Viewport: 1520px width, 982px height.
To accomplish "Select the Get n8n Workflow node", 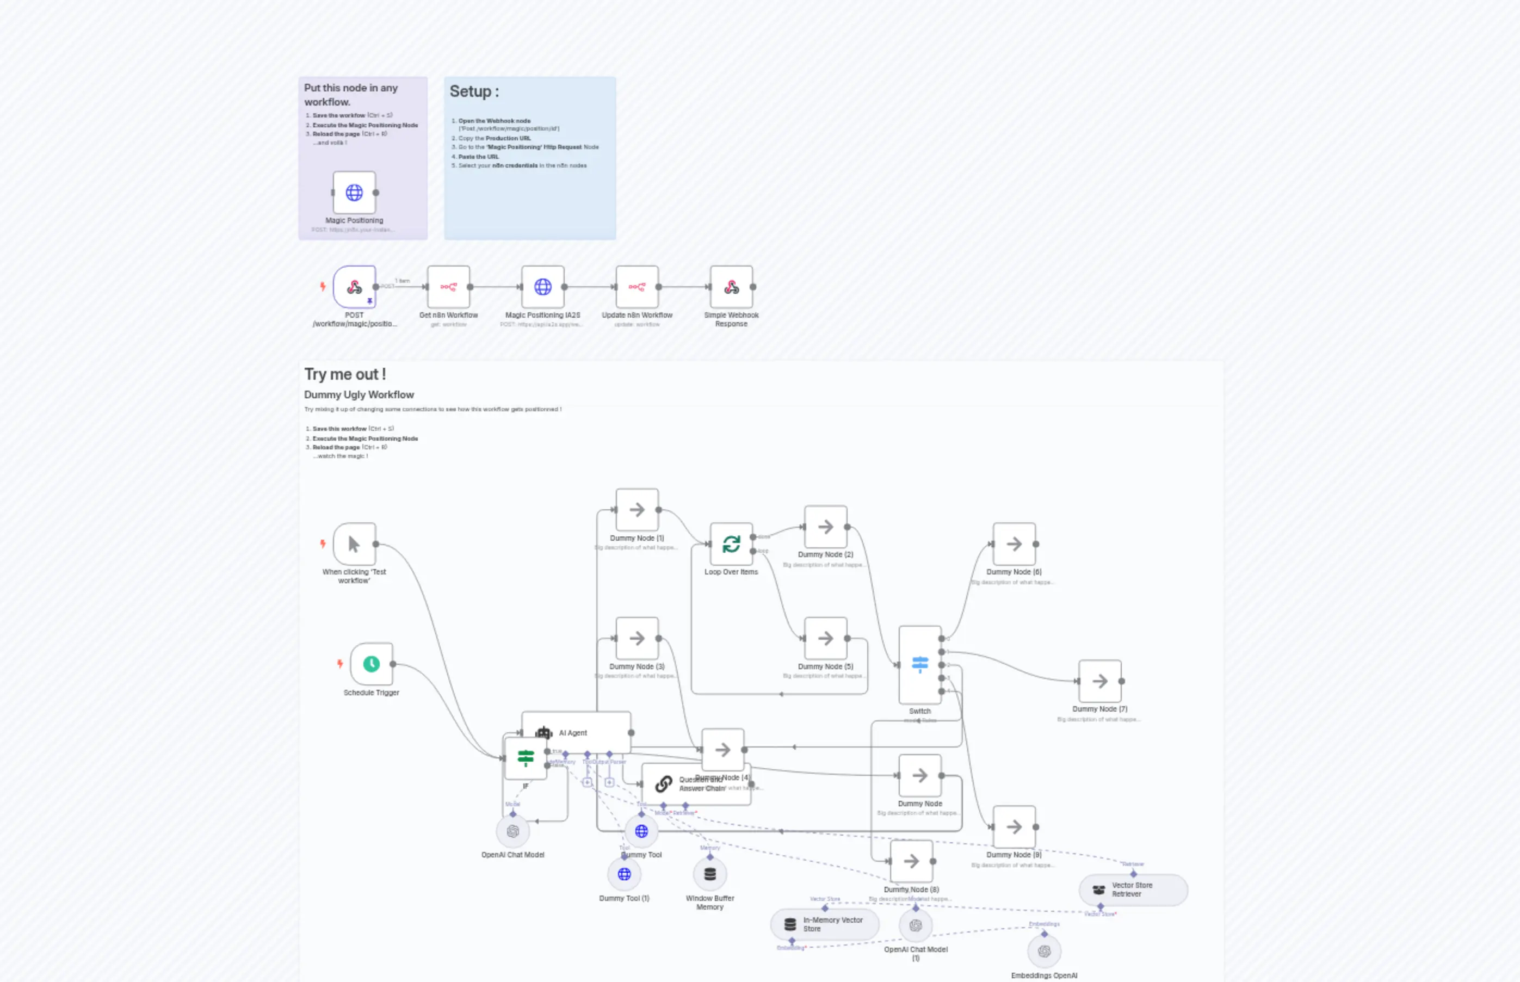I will tap(448, 287).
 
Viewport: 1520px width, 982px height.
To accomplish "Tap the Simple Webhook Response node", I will tap(731, 287).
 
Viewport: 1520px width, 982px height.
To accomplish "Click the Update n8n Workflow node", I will tap(637, 287).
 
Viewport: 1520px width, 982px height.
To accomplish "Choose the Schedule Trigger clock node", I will tap(371, 664).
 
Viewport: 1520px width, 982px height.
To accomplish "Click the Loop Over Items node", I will tap(731, 544).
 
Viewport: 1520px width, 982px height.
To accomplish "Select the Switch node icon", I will tap(919, 664).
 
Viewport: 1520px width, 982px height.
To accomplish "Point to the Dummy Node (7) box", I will tap(1100, 681).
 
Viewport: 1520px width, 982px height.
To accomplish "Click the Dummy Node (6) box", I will tap(1014, 544).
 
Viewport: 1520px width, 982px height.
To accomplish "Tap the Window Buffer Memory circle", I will tap(709, 874).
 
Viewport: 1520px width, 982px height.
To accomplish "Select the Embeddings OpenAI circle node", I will tap(1044, 952).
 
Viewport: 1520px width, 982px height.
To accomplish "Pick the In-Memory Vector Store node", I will tap(824, 925).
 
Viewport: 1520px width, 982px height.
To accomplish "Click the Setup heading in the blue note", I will tap(474, 92).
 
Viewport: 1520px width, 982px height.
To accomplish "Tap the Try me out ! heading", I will tap(345, 374).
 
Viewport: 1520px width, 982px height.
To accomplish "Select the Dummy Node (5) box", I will tap(825, 638).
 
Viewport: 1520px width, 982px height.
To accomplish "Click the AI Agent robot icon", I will tap(543, 733).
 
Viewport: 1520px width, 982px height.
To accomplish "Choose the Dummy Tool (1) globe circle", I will tap(624, 874).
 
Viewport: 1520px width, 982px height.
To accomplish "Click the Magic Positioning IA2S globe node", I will tap(542, 287).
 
